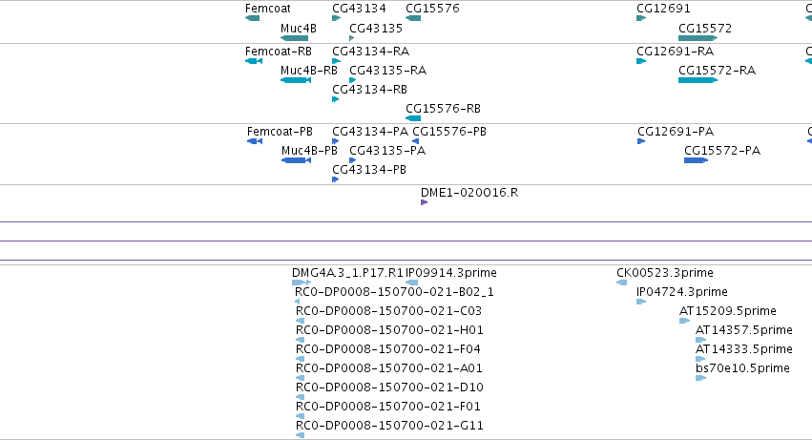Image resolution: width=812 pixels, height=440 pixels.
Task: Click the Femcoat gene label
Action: click(x=268, y=9)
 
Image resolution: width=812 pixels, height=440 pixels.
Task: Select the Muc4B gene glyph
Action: click(x=294, y=38)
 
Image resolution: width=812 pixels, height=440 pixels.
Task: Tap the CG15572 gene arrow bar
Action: click(x=698, y=38)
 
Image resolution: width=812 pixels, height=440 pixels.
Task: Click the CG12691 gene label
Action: click(x=663, y=9)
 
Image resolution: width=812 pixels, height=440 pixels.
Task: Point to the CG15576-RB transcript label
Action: click(x=444, y=108)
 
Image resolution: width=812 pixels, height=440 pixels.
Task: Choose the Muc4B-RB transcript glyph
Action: click(x=296, y=80)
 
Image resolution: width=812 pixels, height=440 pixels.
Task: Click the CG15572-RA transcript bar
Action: click(x=698, y=80)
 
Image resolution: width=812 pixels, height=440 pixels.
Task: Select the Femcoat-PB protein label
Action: click(x=280, y=132)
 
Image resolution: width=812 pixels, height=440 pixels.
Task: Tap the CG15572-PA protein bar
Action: click(x=696, y=160)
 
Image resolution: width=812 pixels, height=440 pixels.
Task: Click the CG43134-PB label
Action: click(x=369, y=170)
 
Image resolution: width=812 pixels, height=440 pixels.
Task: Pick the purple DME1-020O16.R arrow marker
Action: click(x=424, y=202)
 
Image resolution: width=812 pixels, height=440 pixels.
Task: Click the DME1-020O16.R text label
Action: click(x=469, y=192)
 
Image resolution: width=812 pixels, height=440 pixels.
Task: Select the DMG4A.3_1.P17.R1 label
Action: click(x=347, y=273)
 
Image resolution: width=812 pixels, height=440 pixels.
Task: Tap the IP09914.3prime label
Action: click(x=451, y=273)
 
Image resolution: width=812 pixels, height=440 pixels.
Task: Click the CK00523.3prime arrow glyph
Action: click(x=621, y=283)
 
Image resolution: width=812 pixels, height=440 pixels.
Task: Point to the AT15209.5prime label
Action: click(x=728, y=311)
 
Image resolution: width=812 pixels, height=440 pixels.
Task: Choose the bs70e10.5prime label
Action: click(x=742, y=368)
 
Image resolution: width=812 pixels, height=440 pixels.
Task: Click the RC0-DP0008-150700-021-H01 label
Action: click(x=389, y=329)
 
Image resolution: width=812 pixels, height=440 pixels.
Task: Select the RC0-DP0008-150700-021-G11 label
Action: click(x=389, y=425)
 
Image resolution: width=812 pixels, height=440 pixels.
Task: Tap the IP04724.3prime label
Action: click(x=682, y=292)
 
